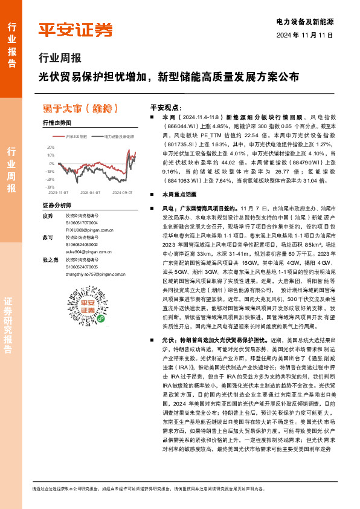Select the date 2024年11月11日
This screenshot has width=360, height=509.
[x=306, y=35]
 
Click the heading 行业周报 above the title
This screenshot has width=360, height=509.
[x=60, y=59]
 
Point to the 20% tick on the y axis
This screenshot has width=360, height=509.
[x=50, y=147]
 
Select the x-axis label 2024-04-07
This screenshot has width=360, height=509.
[x=89, y=193]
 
